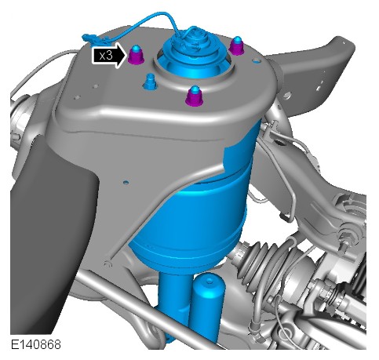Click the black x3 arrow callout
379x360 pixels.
(x=109, y=56)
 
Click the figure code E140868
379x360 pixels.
(x=36, y=344)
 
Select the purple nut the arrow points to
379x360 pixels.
(x=136, y=55)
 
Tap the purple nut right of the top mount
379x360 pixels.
(x=237, y=46)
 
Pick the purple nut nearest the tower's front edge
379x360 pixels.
(x=195, y=96)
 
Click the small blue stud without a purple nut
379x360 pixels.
(x=150, y=82)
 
